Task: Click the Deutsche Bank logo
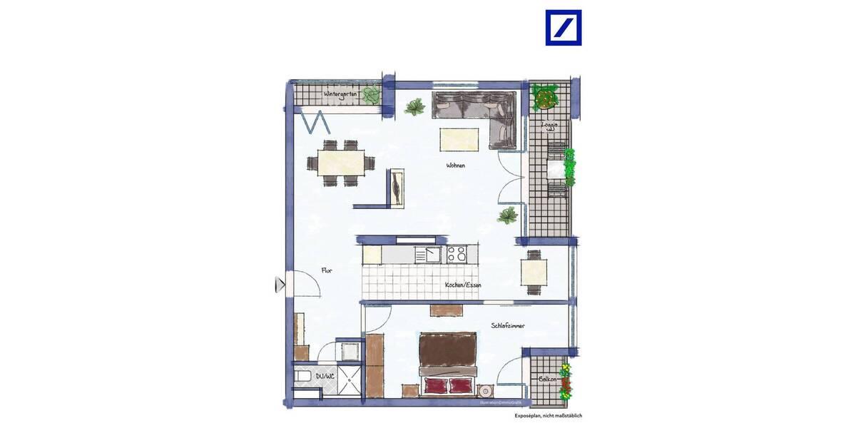(x=563, y=28)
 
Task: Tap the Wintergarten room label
(x=340, y=94)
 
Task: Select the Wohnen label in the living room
(x=456, y=165)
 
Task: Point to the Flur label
(x=327, y=270)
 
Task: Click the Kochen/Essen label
(x=463, y=285)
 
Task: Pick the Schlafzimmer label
(x=508, y=325)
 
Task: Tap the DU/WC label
(x=325, y=377)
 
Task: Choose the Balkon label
(x=548, y=379)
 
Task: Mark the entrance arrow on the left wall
(x=280, y=285)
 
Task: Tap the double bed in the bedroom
(x=447, y=362)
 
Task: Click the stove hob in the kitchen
(x=457, y=253)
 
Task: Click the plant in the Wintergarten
(x=370, y=95)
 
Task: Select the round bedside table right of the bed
(x=486, y=391)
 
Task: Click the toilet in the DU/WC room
(x=302, y=375)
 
